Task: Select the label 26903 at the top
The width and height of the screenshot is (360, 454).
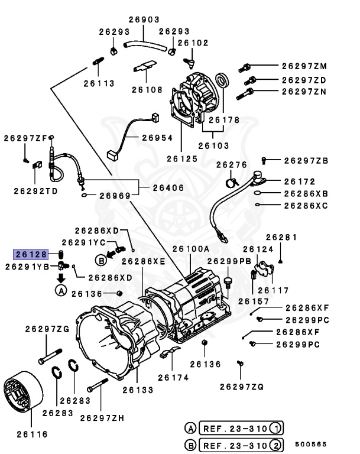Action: pyautogui.click(x=144, y=20)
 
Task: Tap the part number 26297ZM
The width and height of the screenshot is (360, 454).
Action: pyautogui.click(x=304, y=66)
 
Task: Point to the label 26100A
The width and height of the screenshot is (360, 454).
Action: pyautogui.click(x=190, y=249)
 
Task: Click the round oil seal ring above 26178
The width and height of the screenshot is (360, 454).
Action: pyautogui.click(x=221, y=80)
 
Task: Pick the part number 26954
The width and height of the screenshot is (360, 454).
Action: pyautogui.click(x=157, y=137)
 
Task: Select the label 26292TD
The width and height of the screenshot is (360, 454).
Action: pyautogui.click(x=36, y=191)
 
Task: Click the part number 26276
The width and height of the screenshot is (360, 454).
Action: pyautogui.click(x=231, y=164)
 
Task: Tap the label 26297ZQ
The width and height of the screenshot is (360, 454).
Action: pyautogui.click(x=242, y=387)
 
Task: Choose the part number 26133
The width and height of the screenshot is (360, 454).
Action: pyautogui.click(x=138, y=390)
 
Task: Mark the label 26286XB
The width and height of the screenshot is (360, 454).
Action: pyautogui.click(x=306, y=193)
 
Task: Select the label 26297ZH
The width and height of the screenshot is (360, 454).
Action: pyautogui.click(x=102, y=418)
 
